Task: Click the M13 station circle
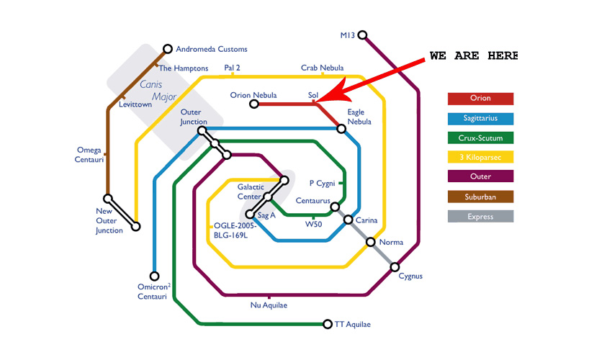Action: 363,35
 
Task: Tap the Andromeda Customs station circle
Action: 168,49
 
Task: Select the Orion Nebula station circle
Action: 254,104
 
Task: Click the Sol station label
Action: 313,95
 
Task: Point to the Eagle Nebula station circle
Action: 341,129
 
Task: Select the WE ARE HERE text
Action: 473,55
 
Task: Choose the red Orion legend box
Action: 480,99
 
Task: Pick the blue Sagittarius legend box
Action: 480,118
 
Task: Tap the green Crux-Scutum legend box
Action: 480,138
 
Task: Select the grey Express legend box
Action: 480,216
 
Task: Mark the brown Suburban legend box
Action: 480,197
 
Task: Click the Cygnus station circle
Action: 395,267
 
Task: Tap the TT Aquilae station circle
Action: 328,324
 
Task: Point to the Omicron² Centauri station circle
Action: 154,276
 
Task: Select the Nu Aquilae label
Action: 269,305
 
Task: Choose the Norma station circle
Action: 371,243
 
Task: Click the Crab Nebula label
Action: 322,68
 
